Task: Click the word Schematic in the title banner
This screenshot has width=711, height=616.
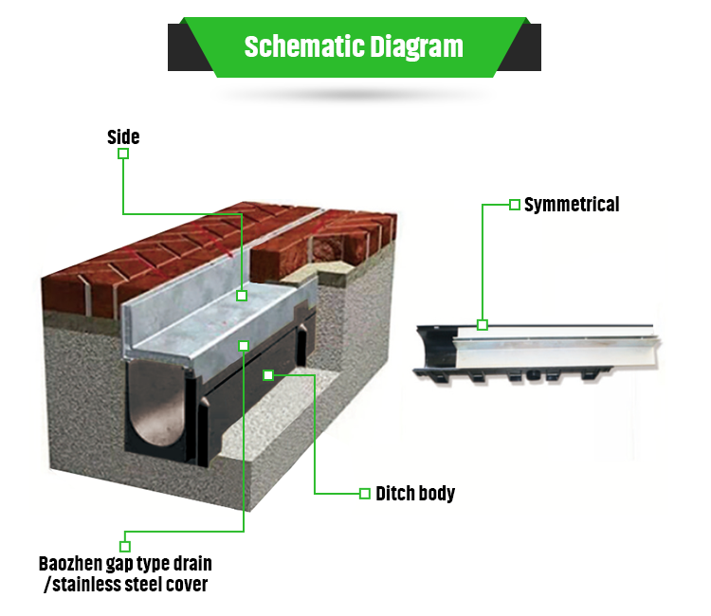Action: pyautogui.click(x=304, y=46)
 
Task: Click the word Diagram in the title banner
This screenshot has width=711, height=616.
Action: pyautogui.click(x=416, y=47)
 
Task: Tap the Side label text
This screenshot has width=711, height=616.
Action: pyautogui.click(x=123, y=136)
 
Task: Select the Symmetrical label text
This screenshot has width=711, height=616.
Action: pyautogui.click(x=572, y=205)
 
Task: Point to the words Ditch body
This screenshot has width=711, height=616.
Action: pyautogui.click(x=415, y=494)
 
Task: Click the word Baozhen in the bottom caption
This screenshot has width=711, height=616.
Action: pyautogui.click(x=70, y=564)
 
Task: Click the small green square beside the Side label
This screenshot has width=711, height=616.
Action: pyautogui.click(x=123, y=154)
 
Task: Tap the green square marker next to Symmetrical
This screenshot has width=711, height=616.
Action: pyautogui.click(x=514, y=205)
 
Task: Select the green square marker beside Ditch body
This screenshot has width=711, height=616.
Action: pyautogui.click(x=365, y=494)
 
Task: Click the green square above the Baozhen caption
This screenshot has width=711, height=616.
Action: pyautogui.click(x=125, y=546)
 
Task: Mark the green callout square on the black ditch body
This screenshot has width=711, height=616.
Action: pyautogui.click(x=268, y=375)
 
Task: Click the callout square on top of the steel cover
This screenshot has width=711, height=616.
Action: pyautogui.click(x=242, y=296)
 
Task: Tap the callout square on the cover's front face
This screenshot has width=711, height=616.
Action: pyautogui.click(x=244, y=346)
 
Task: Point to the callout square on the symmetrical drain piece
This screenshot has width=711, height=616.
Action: pyautogui.click(x=483, y=324)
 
